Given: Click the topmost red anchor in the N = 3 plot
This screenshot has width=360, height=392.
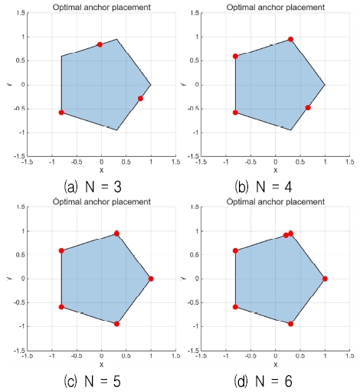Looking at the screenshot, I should coord(100,44).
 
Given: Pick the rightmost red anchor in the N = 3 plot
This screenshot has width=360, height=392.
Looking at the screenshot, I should coord(140,99).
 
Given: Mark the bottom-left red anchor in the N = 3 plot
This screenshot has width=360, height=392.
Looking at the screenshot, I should coord(61,113).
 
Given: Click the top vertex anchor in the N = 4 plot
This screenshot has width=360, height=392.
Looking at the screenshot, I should coord(290,39).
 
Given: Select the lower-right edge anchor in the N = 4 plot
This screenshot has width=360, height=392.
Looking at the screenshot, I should coord(308,107).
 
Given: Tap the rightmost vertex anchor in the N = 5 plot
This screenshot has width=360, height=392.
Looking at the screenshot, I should coord(151,279).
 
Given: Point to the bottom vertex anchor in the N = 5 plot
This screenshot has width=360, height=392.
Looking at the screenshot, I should coord(116,324).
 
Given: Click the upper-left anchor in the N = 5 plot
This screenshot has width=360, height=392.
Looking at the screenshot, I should coord(61,250).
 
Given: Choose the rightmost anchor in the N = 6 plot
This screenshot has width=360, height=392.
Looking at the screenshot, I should coord(325,279).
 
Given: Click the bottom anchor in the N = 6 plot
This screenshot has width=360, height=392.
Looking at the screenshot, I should coord(290,324).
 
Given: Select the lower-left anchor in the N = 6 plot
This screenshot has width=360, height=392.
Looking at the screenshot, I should coord(235,307).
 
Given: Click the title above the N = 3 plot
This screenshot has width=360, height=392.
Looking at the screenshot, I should coord(101,7).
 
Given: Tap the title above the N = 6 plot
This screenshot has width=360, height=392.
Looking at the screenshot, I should coord(276,201).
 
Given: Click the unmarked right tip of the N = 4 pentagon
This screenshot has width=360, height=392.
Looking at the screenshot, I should coord(325,84).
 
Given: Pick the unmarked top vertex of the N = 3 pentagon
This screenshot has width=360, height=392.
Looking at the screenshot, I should coord(116,39).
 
